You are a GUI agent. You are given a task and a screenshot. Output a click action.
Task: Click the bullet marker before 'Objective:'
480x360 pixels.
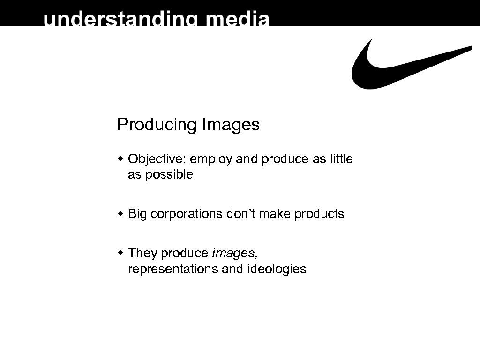(120, 159)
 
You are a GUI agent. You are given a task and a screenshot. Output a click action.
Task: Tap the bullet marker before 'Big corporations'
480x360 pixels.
(120, 214)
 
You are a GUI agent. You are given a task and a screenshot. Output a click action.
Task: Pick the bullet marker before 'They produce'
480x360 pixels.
(120, 253)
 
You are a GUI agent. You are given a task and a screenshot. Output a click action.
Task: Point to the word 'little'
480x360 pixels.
(341, 159)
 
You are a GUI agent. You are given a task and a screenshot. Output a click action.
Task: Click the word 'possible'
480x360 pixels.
(169, 175)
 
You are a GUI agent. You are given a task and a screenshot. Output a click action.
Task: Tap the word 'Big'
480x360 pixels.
(137, 214)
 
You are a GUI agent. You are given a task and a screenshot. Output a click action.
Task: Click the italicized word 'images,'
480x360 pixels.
(234, 254)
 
